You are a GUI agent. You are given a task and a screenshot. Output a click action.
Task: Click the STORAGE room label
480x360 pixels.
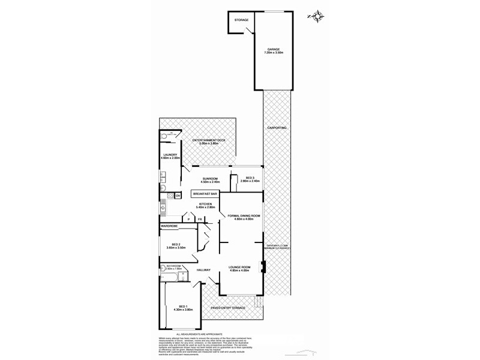[x=241, y=20]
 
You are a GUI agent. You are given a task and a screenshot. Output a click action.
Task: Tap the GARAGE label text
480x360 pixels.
[x=274, y=50]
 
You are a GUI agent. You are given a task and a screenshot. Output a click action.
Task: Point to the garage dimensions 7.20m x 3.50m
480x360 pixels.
[x=274, y=53]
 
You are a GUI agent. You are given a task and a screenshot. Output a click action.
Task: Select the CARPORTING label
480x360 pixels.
[x=276, y=128]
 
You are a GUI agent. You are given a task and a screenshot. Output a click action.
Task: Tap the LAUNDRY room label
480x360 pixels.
[x=170, y=155]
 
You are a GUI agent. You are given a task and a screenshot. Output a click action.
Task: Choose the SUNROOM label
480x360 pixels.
[x=211, y=178]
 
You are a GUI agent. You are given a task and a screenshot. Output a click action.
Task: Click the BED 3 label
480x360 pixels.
[x=250, y=178]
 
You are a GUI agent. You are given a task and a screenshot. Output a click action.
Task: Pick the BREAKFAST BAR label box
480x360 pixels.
[x=205, y=194]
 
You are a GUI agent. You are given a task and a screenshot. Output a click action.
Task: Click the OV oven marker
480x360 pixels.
[x=178, y=196]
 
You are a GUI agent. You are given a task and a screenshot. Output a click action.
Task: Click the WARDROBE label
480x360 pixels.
[x=170, y=226]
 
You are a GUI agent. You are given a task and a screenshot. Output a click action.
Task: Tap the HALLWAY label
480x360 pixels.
[x=204, y=270]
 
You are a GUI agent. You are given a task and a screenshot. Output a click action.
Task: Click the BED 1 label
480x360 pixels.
[x=182, y=307]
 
